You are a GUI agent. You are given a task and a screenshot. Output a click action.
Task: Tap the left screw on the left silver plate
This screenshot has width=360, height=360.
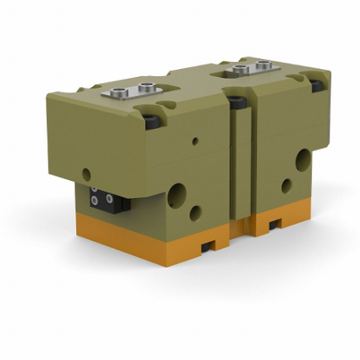tap(119, 95)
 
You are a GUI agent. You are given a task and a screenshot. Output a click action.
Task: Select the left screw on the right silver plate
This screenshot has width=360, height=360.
tap(233, 72)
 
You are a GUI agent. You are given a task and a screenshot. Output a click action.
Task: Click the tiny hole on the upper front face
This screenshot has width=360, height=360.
tap(196, 142)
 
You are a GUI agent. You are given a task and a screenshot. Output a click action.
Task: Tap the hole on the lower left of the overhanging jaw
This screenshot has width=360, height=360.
tap(86, 174)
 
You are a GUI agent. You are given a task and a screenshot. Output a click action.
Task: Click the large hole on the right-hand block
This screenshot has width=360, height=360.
tap(303, 161)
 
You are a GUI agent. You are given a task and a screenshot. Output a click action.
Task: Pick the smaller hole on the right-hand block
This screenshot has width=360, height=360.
tap(286, 186)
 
